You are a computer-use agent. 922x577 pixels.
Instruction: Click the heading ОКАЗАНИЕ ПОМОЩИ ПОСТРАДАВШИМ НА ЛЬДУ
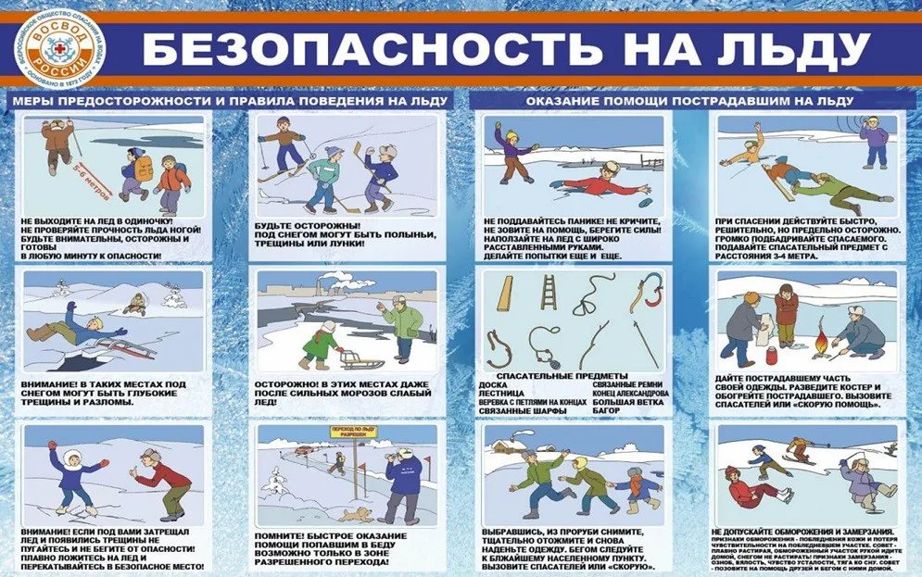tap(689, 100)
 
